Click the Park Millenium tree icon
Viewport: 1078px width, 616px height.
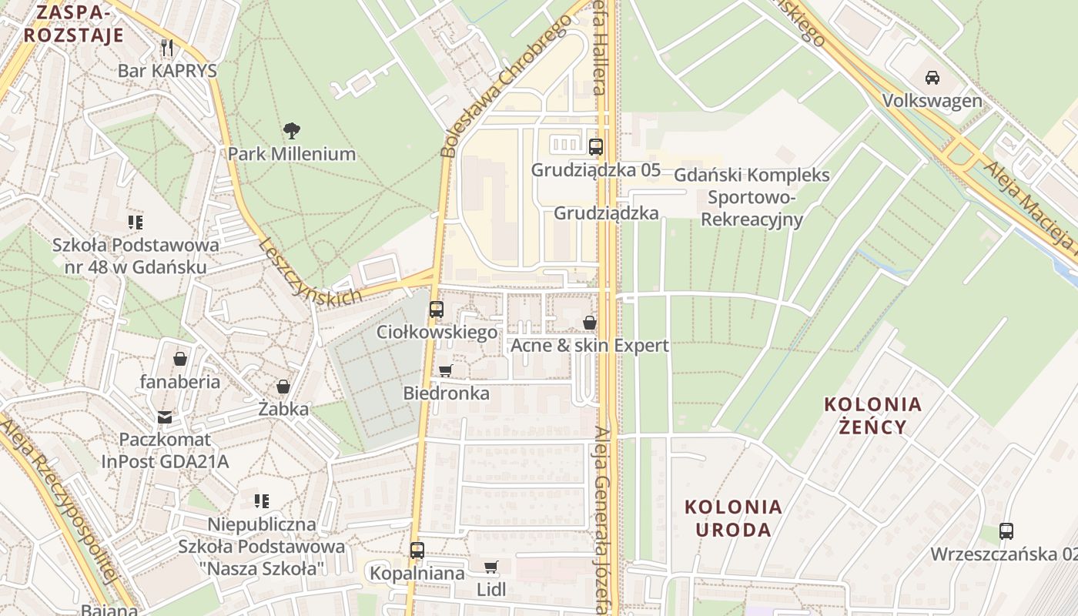point(291,130)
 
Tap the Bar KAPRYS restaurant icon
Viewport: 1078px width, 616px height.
point(167,47)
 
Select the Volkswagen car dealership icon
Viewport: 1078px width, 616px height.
point(932,77)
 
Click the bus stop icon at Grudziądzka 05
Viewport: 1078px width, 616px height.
point(595,146)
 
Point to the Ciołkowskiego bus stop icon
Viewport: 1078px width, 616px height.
point(437,310)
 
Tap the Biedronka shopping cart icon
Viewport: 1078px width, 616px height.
point(445,370)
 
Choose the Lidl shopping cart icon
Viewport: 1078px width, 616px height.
point(490,567)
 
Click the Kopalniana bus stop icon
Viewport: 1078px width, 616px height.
point(417,551)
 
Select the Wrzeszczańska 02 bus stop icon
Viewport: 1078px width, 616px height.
point(1006,531)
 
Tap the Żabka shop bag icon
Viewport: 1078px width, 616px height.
point(283,387)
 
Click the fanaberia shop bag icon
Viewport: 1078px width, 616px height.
point(180,359)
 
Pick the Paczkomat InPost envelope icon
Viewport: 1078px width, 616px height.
point(165,417)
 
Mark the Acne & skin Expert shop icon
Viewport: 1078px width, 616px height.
point(590,323)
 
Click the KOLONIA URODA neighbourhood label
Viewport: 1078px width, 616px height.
point(733,518)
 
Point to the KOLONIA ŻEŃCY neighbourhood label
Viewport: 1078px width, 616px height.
point(872,415)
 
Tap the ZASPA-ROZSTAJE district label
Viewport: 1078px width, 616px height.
point(73,24)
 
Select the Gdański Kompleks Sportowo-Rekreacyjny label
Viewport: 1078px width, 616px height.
point(752,197)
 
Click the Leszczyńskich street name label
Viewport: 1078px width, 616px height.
point(310,272)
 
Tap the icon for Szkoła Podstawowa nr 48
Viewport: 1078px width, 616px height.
point(136,223)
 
